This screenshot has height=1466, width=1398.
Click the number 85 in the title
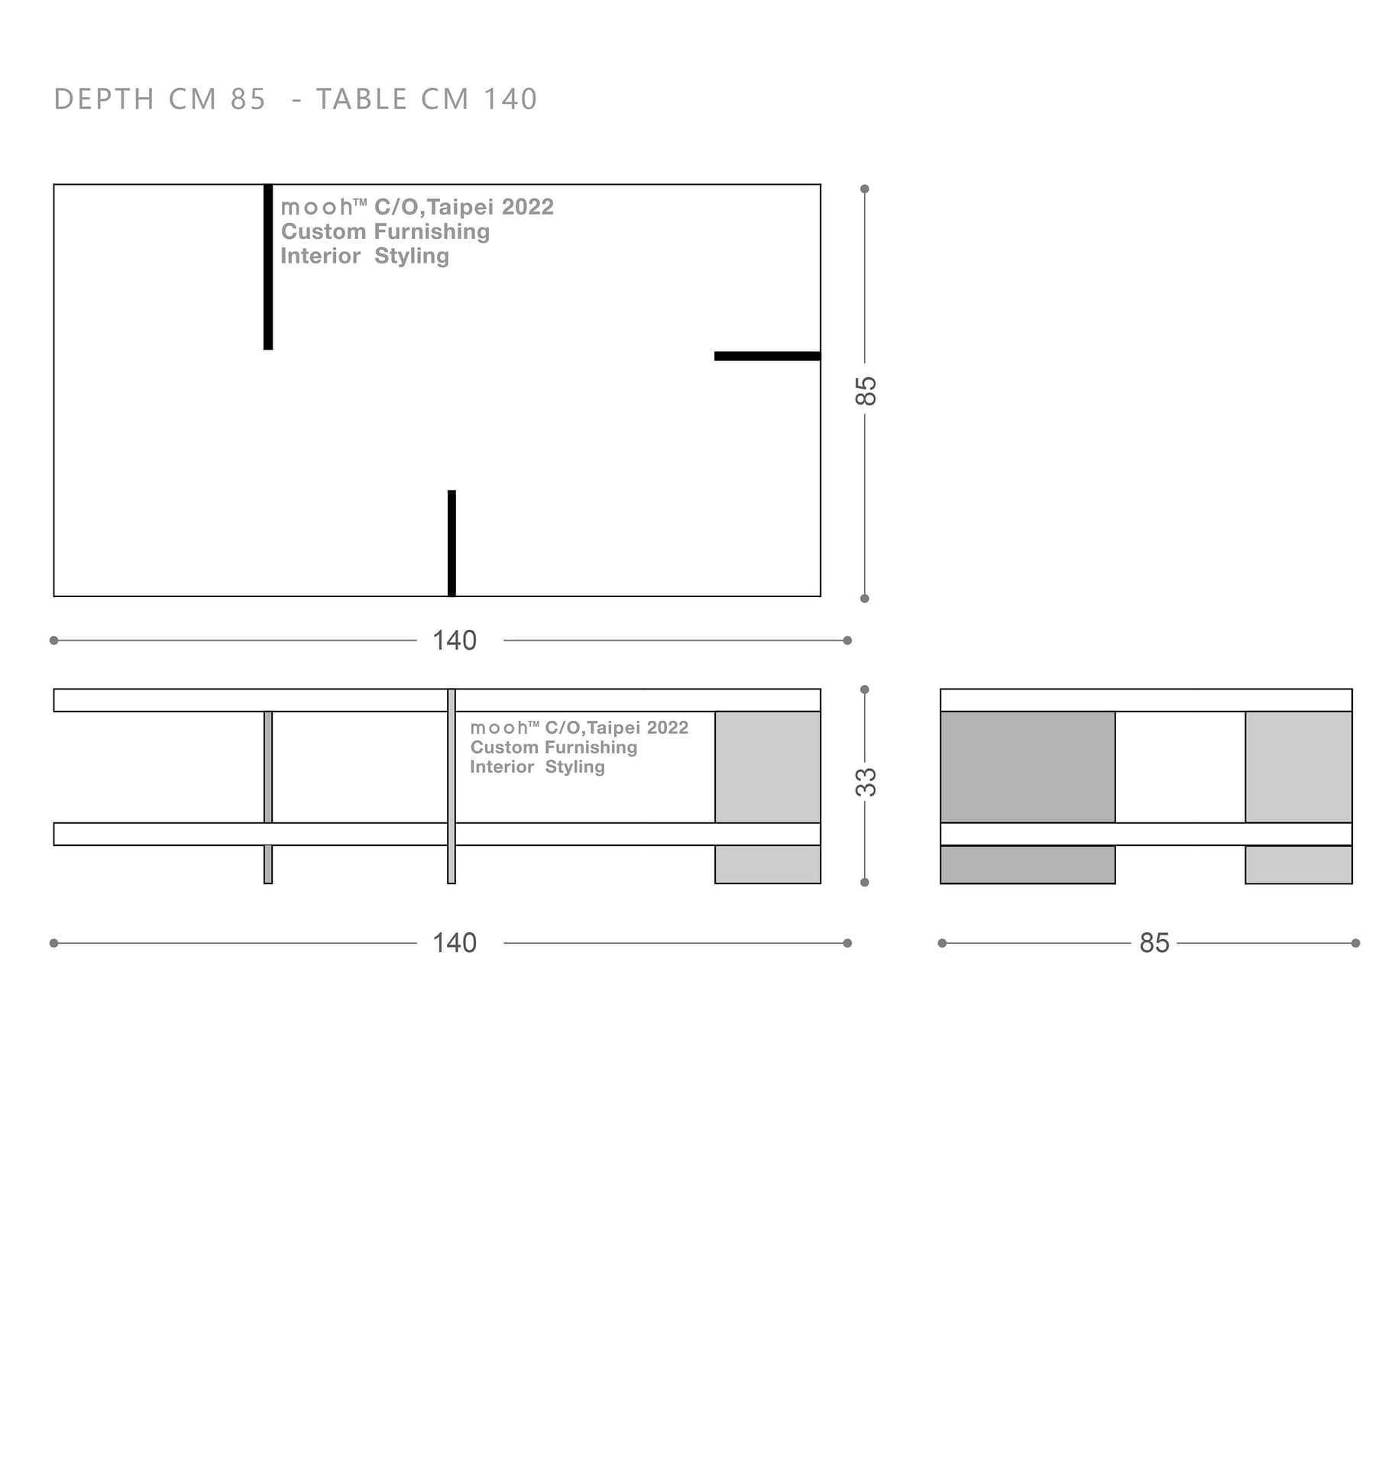pyautogui.click(x=248, y=99)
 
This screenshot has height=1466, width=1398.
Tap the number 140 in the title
pyautogui.click(x=510, y=99)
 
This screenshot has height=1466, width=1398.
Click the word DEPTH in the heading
pyautogui.click(x=104, y=99)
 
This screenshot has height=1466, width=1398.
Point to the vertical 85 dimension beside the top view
pyautogui.click(x=865, y=391)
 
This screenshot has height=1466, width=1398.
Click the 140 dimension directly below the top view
pyautogui.click(x=455, y=640)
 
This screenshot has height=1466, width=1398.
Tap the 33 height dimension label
pyautogui.click(x=865, y=782)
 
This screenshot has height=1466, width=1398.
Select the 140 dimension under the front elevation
pyautogui.click(x=455, y=943)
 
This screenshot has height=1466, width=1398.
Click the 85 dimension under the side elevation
pyautogui.click(x=1154, y=943)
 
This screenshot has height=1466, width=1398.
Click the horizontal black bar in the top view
pyautogui.click(x=767, y=356)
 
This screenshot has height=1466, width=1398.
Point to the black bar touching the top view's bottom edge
pyautogui.click(x=451, y=542)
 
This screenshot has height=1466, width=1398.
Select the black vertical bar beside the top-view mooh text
pyautogui.click(x=268, y=267)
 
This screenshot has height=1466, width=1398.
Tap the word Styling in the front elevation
pyautogui.click(x=574, y=767)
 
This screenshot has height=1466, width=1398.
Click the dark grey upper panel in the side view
pyautogui.click(x=1027, y=767)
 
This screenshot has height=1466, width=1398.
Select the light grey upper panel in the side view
pyautogui.click(x=1299, y=767)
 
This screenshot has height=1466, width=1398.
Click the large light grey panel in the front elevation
pyautogui.click(x=768, y=767)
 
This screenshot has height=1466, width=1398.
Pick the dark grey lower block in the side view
pyautogui.click(x=1027, y=864)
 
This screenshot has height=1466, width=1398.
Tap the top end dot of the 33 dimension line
pyautogui.click(x=865, y=689)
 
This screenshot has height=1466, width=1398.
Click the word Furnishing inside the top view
pyautogui.click(x=432, y=231)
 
